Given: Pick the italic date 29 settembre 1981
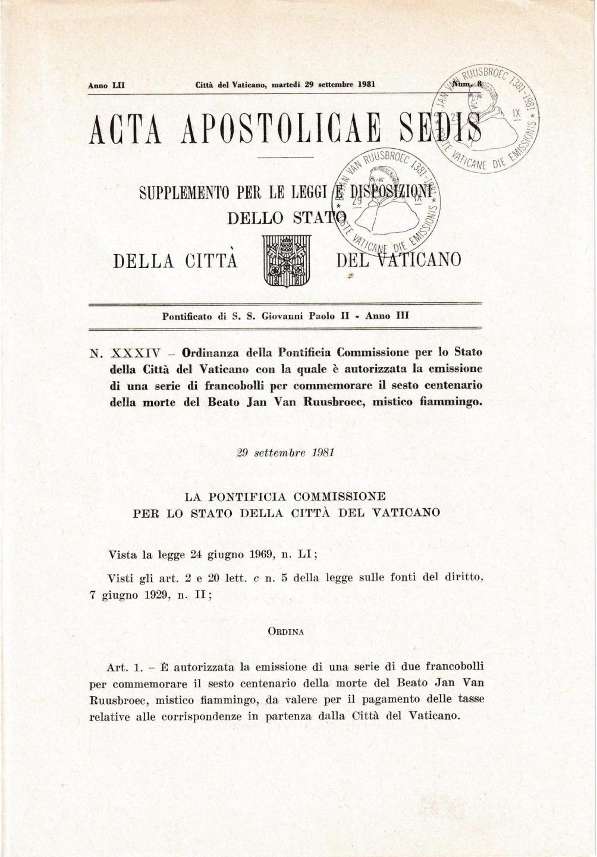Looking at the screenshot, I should coord(285,452).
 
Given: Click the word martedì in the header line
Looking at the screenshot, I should coord(286,85).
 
